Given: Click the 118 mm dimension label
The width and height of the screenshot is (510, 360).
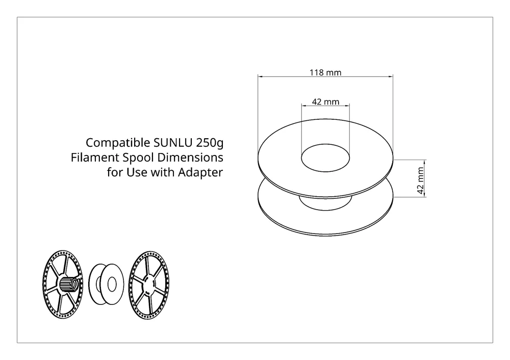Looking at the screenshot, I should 325,72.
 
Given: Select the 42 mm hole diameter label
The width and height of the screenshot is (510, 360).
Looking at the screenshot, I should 325,101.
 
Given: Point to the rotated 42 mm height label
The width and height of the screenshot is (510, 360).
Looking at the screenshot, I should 421,178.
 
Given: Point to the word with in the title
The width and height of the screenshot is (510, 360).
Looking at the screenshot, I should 161,172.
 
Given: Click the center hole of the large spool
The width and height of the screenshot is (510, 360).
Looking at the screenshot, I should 325,159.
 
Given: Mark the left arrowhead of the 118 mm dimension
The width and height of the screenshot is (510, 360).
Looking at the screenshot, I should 260,76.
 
